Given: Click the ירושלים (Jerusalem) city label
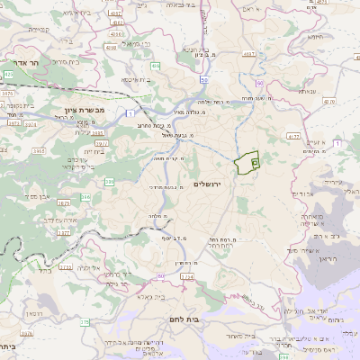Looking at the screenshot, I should click(x=207, y=184).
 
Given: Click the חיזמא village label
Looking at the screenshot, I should click(x=313, y=36).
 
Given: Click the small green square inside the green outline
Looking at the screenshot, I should click(x=255, y=163).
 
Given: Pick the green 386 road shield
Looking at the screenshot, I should click(x=109, y=182).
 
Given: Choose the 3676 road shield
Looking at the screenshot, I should click(x=26, y=332).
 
